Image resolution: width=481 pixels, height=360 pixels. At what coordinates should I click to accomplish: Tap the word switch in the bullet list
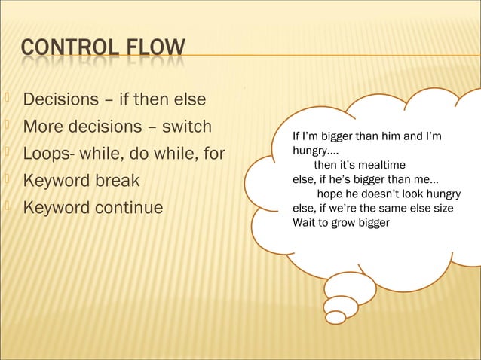point(186,126)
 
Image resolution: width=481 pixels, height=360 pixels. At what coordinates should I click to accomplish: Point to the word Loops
point(46,153)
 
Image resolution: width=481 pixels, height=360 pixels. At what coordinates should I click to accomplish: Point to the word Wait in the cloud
point(304,222)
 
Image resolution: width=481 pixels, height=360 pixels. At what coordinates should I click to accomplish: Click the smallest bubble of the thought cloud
point(335,317)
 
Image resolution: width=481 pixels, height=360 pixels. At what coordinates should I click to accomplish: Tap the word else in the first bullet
point(191,99)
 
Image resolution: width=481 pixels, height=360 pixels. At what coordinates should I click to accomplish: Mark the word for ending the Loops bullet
point(213,153)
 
